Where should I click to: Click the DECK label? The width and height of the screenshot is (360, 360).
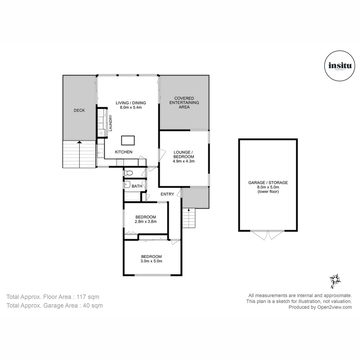point(79,110)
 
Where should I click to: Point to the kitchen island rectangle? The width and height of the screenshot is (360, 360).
point(128,141)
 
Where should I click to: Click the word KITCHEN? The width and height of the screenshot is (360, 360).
point(124,152)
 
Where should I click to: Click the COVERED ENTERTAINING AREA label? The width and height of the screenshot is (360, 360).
point(184,103)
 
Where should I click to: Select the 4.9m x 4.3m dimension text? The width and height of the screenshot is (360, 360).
point(184,161)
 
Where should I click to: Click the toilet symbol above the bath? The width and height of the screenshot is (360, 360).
point(128,173)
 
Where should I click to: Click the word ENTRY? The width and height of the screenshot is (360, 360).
point(167,194)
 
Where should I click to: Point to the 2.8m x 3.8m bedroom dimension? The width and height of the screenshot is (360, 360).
point(146,221)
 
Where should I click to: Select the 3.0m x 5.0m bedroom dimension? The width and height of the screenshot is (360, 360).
point(151,261)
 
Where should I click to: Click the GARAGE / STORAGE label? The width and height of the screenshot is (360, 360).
point(268,183)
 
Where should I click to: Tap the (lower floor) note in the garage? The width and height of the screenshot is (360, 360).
point(268,192)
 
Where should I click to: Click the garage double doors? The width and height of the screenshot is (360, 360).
point(268,234)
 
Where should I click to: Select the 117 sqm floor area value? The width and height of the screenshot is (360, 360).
point(88,297)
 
